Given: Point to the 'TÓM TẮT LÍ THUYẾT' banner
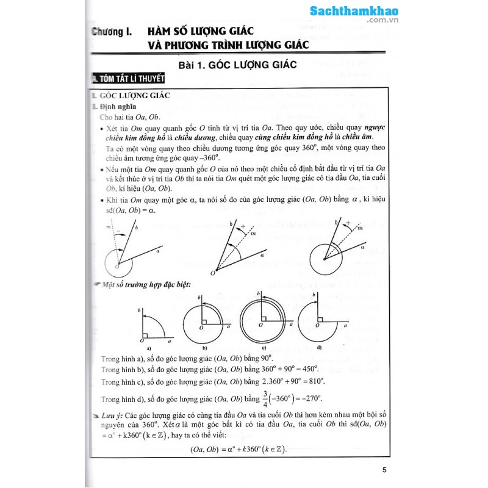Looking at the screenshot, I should pos(127,79).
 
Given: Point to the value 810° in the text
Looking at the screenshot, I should pos(315,381).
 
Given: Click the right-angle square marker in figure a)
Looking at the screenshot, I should pos(145,332).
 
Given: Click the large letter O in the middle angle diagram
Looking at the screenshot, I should pos(212,274).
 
